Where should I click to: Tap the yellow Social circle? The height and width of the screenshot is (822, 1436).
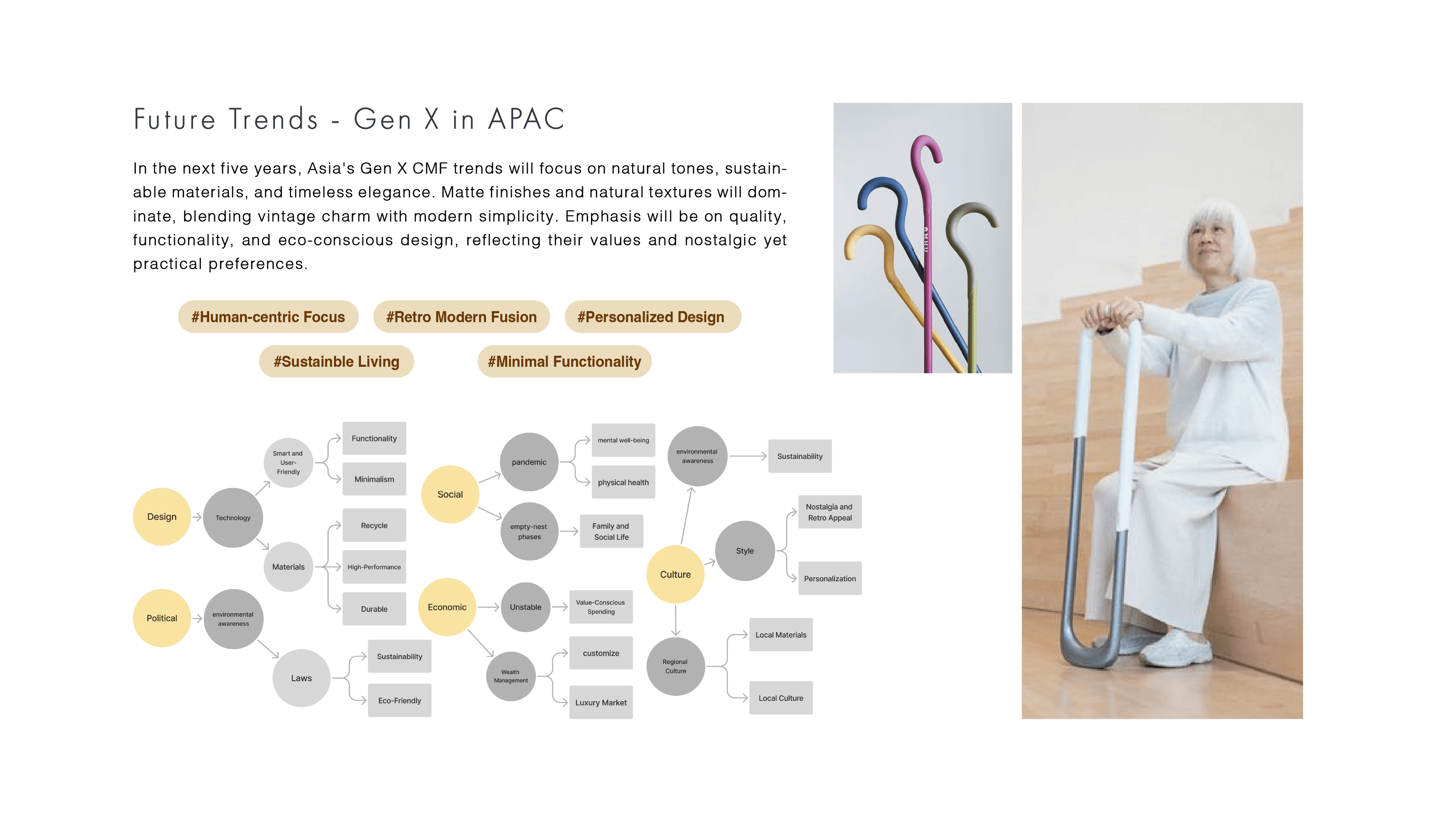[x=450, y=495]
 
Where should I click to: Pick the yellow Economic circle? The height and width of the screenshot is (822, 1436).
[x=447, y=607]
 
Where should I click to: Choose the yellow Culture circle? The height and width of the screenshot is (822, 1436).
[x=675, y=574]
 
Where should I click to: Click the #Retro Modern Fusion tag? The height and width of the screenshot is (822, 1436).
[x=461, y=317]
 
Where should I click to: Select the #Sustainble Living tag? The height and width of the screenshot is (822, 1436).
[x=336, y=361]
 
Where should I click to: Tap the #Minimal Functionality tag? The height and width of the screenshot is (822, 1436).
[x=564, y=361]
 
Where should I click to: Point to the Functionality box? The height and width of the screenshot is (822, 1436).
[x=374, y=438]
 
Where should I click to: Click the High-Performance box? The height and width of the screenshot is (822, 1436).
[x=374, y=567]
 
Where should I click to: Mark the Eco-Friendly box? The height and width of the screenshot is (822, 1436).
[x=400, y=700]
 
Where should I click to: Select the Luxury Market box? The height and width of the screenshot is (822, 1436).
[x=601, y=702]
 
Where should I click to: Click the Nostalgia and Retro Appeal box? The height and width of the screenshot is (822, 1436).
[x=830, y=512]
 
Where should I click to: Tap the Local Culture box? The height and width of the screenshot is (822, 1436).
[x=781, y=698]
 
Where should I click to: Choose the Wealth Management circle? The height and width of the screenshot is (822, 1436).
[x=511, y=676]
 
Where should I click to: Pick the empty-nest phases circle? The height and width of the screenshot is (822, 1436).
[x=529, y=531]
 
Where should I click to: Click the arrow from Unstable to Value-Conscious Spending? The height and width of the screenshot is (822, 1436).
[x=560, y=607]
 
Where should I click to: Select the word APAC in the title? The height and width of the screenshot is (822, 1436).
[x=526, y=119]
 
